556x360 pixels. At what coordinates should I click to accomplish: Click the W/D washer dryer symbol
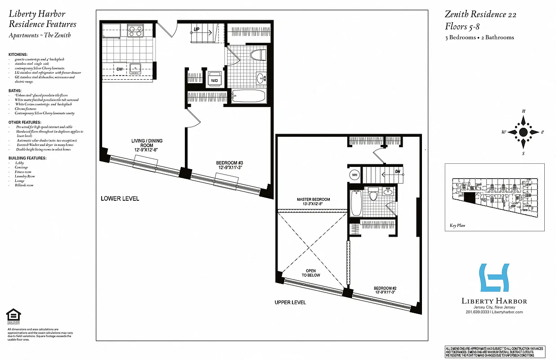214,79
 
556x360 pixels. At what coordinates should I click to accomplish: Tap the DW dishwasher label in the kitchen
119,69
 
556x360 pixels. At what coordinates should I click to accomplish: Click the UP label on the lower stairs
197,30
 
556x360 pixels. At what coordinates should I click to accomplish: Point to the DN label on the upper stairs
397,172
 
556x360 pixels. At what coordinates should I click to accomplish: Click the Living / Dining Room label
147,146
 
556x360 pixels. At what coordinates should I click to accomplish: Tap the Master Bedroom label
313,202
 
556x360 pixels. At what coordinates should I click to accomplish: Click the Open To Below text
311,273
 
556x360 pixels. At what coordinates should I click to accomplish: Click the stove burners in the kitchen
135,31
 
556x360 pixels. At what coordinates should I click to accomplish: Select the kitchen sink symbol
135,69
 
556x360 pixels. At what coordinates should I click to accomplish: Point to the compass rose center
523,132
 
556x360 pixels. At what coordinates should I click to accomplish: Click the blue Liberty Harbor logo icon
494,278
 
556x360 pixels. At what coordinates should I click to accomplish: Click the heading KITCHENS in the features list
18,54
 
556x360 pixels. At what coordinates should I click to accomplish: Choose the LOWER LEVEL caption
120,198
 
